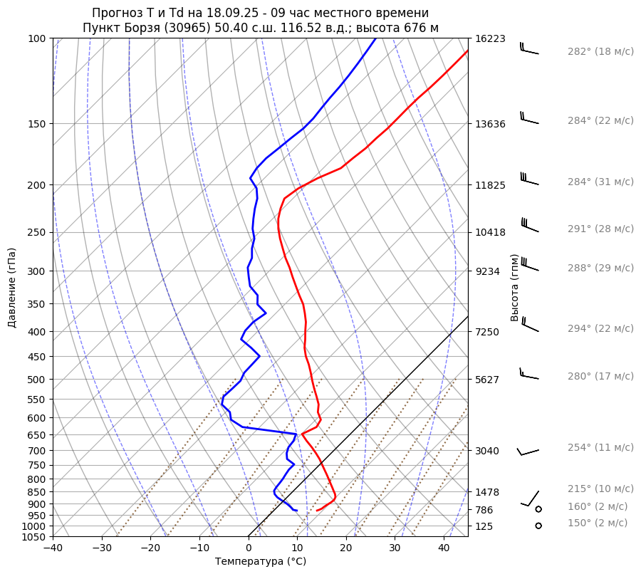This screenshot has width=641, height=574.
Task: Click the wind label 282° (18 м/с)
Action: pyautogui.click(x=600, y=52)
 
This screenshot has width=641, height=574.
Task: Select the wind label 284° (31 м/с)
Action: pyautogui.click(x=600, y=182)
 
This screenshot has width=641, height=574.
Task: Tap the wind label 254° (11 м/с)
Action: pyautogui.click(x=600, y=447)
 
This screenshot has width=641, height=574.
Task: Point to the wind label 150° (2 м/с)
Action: pyautogui.click(x=597, y=523)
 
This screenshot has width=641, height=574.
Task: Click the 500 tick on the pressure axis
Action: pyautogui.click(x=36, y=379)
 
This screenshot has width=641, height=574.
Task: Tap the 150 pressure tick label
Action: pyautogui.click(x=36, y=124)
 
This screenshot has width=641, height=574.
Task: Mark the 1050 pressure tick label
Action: pyautogui.click(x=33, y=537)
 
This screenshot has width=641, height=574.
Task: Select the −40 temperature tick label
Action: pyautogui.click(x=53, y=548)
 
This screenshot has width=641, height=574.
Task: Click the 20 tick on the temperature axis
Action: pyautogui.click(x=346, y=548)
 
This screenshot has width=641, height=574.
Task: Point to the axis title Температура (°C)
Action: pyautogui.click(x=260, y=561)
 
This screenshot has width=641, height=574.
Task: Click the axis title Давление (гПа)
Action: pyautogui.click(x=12, y=288)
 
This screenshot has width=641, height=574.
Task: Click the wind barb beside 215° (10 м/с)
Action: pyautogui.click(x=530, y=499)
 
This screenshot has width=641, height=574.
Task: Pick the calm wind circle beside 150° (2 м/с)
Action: pyautogui.click(x=538, y=526)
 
